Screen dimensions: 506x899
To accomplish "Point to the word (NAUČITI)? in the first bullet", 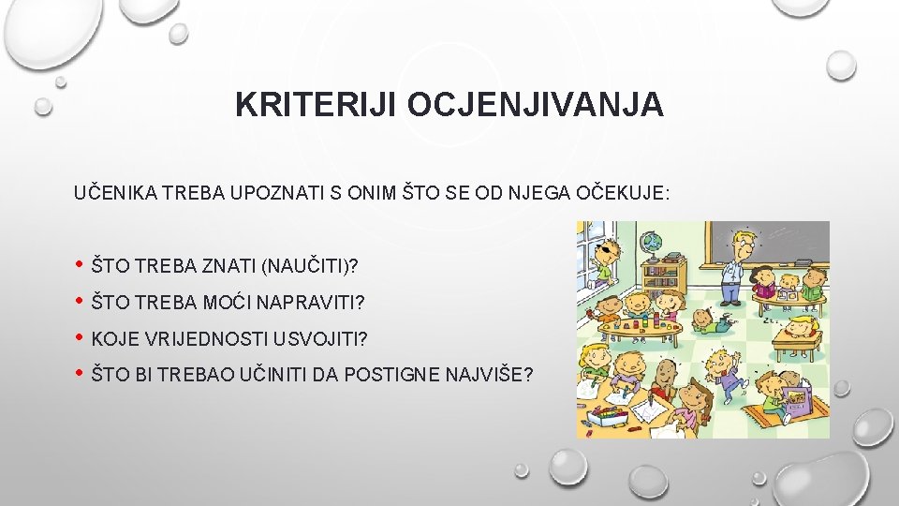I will click(x=310, y=266).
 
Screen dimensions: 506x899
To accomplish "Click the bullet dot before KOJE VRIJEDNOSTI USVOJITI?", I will click(x=79, y=337).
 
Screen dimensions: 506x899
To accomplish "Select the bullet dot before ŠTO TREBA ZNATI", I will click(x=79, y=265).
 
